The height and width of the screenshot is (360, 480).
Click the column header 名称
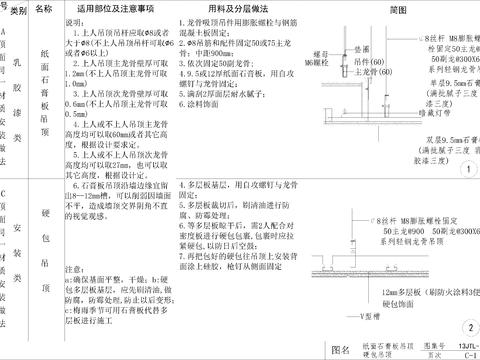click(44, 8)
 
